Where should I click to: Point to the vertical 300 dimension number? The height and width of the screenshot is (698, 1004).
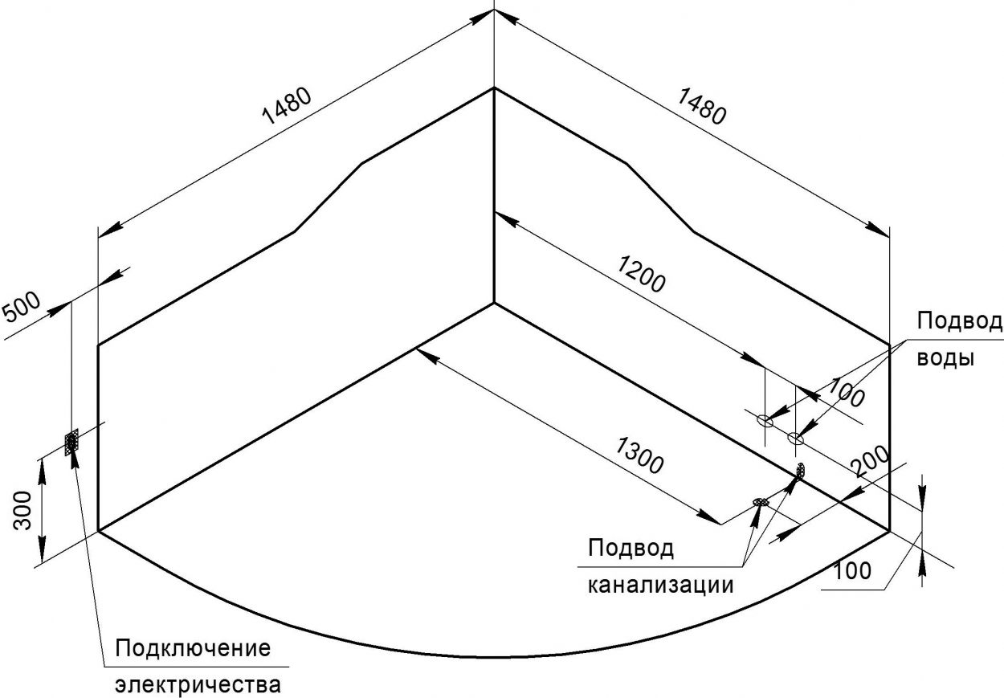[22, 510]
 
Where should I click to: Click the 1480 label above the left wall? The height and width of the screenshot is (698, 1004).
[287, 106]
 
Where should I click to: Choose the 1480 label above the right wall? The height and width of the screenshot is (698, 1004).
[700, 106]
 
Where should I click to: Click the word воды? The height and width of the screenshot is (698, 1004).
[945, 358]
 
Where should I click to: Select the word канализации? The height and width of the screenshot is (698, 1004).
[661, 585]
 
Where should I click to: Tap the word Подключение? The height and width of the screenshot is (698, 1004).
[194, 648]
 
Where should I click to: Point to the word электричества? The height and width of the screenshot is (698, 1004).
[198, 684]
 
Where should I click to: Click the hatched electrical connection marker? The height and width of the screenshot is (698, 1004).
[71, 442]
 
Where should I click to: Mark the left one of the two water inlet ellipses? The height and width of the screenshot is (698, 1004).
[765, 421]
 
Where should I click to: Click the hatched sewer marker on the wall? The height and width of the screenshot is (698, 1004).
[801, 470]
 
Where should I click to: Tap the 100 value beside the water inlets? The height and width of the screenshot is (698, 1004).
[845, 392]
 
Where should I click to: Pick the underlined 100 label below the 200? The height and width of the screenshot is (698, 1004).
[852, 570]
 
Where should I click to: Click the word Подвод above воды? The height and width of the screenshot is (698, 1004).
[959, 321]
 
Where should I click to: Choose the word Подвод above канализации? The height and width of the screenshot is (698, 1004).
[631, 548]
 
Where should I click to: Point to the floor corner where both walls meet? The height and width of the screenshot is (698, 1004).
[494, 303]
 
